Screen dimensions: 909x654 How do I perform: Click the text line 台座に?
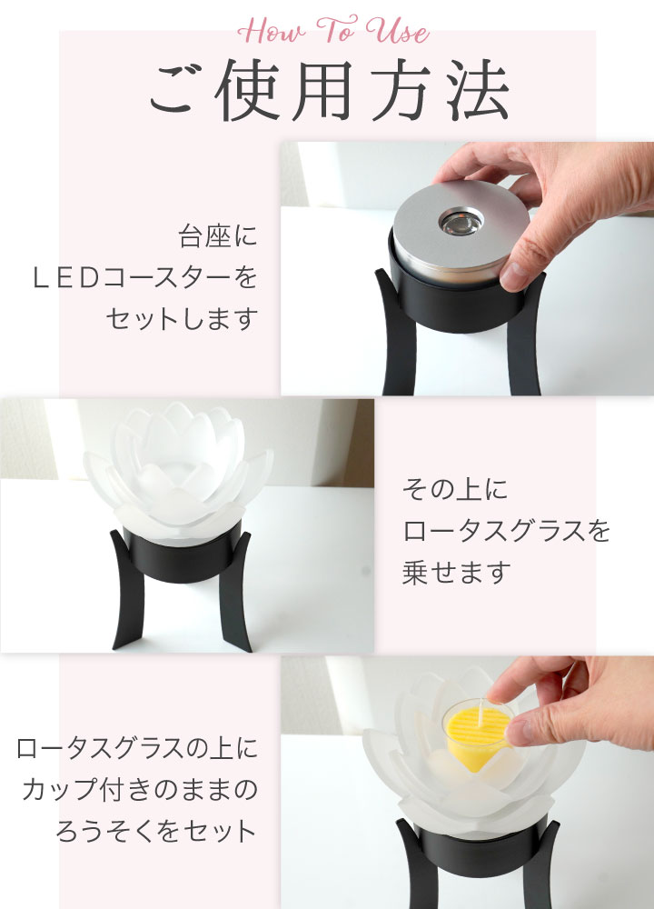[x=217, y=239]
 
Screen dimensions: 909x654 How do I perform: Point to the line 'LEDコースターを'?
[x=144, y=279]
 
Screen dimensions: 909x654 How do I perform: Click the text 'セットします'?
[x=181, y=319]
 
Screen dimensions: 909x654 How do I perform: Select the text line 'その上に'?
[x=455, y=491]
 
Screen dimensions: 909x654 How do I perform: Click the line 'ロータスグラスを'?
[x=506, y=532]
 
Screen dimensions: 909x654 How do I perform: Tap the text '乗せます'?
[x=457, y=573]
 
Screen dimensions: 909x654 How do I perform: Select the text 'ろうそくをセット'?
[x=157, y=831]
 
